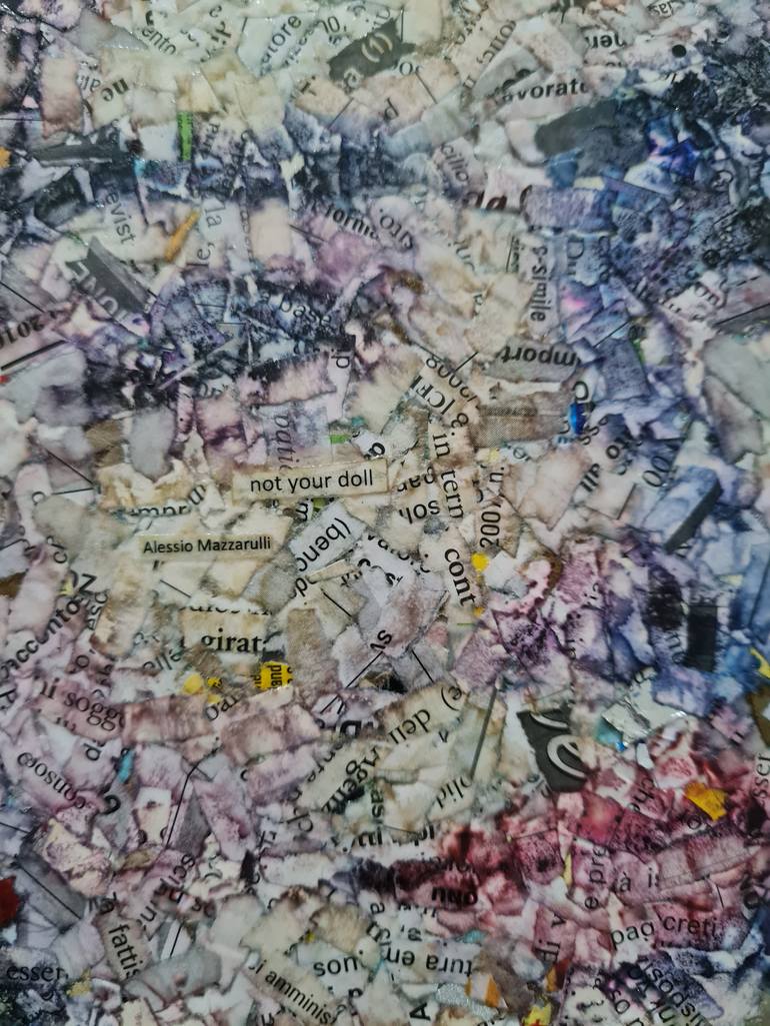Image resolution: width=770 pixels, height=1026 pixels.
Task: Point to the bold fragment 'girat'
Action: tap(232, 641)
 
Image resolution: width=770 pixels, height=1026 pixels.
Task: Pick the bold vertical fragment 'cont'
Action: tap(457, 575)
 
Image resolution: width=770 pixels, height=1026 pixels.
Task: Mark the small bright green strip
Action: tap(185, 137)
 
